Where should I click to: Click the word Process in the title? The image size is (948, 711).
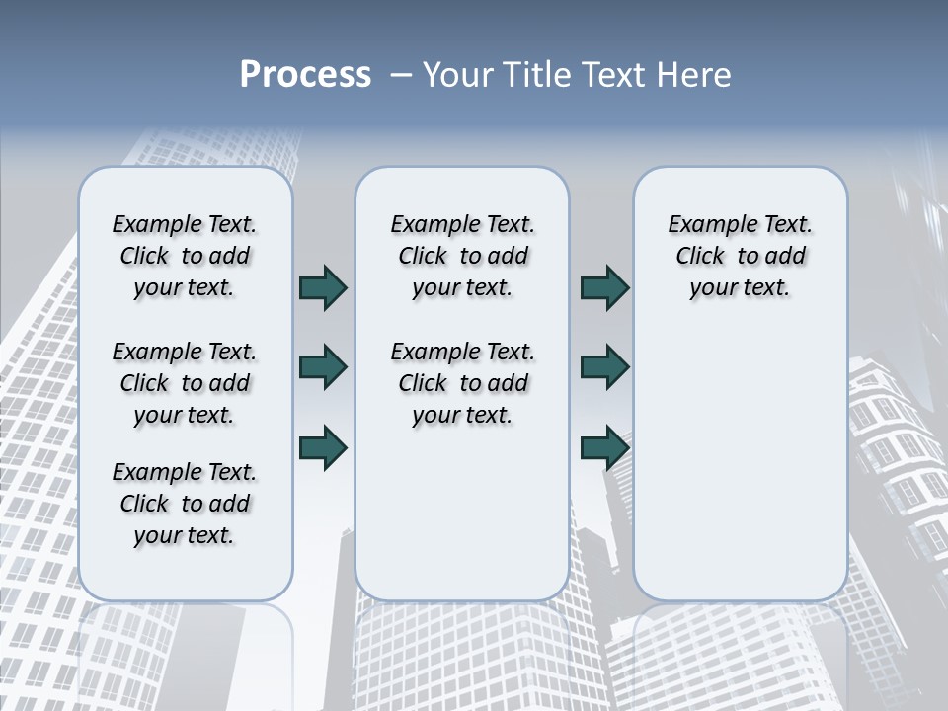(305, 75)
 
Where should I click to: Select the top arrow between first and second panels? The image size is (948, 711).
(323, 288)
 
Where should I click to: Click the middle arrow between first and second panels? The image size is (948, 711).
(323, 367)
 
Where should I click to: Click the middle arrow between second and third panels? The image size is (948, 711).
(604, 367)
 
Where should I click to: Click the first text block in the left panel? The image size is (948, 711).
(185, 256)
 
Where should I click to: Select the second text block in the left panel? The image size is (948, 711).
(185, 383)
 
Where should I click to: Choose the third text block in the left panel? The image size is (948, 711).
(185, 504)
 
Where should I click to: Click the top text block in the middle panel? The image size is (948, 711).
(462, 256)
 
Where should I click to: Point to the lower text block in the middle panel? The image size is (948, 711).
(462, 383)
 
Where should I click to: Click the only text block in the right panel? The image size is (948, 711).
(740, 256)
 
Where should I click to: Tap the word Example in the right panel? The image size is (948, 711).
(705, 225)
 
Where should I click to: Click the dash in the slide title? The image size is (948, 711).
(401, 75)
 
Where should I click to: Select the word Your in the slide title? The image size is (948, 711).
(456, 75)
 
